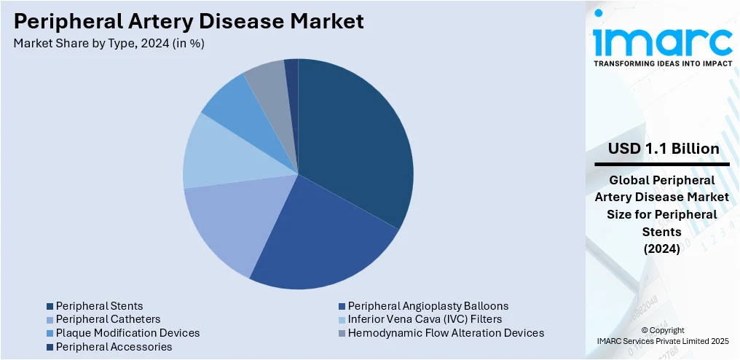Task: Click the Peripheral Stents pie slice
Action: pos(357,138)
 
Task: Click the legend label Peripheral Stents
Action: pos(99,306)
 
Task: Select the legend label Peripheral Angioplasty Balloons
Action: pos(428,306)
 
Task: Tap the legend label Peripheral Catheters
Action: pos(108,319)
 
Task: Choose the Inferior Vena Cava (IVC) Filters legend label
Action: pos(425,319)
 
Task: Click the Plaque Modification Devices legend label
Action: pos(127,333)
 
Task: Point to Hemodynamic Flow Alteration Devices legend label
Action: pos(446,333)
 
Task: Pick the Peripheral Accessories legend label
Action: pos(114,347)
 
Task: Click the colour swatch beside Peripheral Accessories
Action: pos(50,347)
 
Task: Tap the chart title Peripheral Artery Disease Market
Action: pos(189,21)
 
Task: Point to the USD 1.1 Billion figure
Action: pos(664,149)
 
